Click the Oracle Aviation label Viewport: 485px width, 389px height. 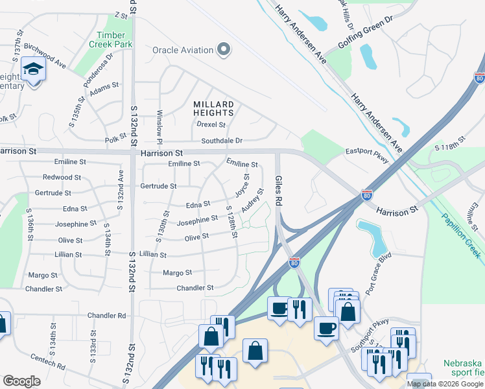(x=183, y=50)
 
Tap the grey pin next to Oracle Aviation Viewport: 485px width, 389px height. (x=224, y=49)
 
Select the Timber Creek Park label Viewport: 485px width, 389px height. (x=114, y=40)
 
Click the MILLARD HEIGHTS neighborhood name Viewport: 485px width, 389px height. (x=213, y=108)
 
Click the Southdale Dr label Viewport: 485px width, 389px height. (x=221, y=140)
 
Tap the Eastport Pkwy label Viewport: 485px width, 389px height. (x=366, y=152)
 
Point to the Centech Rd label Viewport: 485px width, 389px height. (x=48, y=362)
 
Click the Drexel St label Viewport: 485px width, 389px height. (x=211, y=124)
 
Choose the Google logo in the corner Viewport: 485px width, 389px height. (x=22, y=381)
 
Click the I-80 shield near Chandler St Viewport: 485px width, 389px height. (x=294, y=262)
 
